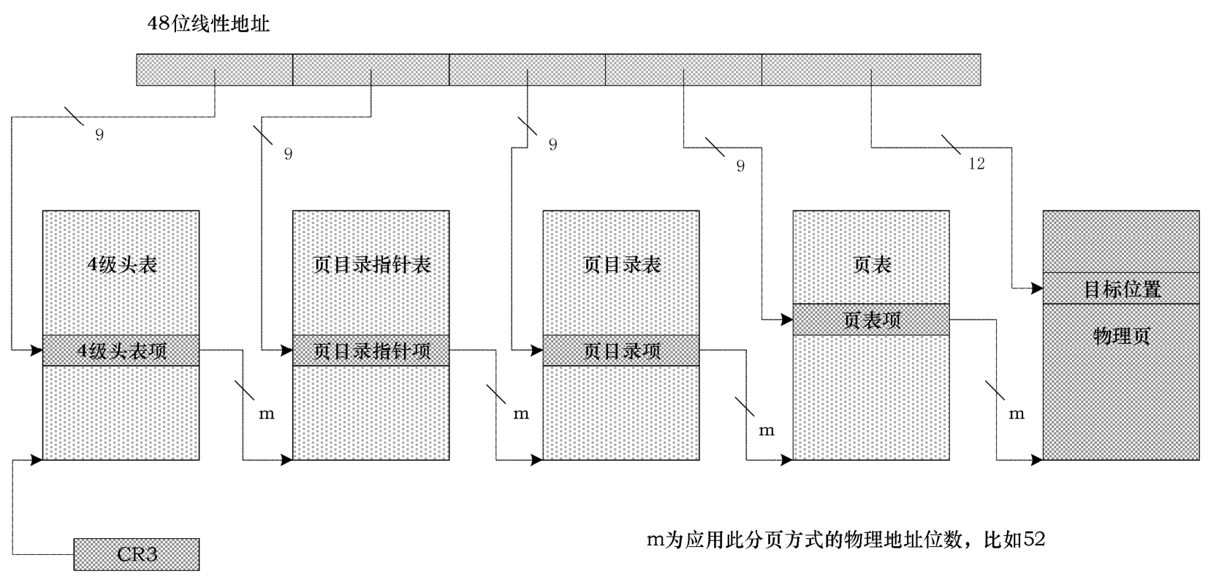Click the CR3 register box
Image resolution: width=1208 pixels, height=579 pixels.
[137, 554]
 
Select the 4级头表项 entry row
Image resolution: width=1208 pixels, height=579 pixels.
[121, 350]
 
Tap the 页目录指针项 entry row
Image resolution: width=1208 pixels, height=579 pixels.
[371, 350]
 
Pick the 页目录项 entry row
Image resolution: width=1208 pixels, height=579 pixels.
[621, 350]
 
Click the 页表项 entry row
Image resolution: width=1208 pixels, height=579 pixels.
[871, 320]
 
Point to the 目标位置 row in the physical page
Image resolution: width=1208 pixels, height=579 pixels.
[1121, 288]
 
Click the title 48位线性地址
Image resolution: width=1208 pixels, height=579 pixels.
[208, 24]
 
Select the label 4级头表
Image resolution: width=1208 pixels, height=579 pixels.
[122, 264]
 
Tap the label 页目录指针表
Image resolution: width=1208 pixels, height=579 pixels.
[371, 264]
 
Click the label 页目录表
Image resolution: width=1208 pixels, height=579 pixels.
[621, 264]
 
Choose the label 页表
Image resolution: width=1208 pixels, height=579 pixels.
[871, 264]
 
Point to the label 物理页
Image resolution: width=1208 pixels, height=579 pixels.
[1121, 336]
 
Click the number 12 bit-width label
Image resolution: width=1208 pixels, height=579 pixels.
[976, 164]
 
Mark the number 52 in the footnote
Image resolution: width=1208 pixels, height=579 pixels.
[1034, 540]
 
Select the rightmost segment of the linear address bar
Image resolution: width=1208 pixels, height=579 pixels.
[870, 70]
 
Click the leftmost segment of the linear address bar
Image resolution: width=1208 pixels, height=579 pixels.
[215, 70]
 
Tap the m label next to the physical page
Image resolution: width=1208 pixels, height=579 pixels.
[1017, 414]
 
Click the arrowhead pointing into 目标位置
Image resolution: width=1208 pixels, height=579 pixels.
[1037, 288]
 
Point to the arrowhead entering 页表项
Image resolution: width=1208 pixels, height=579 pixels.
[787, 320]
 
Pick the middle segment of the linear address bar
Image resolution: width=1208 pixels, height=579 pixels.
[527, 70]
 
